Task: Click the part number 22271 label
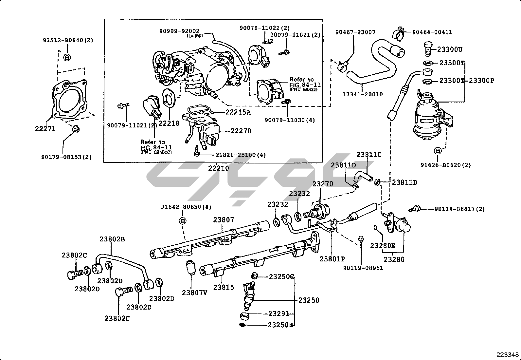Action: pos(45,129)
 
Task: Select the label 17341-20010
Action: pos(363,94)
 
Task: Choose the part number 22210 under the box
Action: pos(219,169)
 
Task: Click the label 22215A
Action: pos(238,112)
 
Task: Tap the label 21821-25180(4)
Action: pos(241,155)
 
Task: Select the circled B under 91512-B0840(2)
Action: pos(67,58)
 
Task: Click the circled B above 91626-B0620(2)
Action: pos(438,151)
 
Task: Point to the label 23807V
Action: pos(195,293)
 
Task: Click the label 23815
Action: pos(224,287)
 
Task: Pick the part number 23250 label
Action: pos(309,300)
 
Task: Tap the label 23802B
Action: pos(112,239)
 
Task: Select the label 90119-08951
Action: pos(363,268)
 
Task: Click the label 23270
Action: pos(323,184)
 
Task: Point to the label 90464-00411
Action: pos(432,32)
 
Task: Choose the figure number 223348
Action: pos(507,355)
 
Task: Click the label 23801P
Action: pos(332,259)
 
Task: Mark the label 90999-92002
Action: pos(179,31)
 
